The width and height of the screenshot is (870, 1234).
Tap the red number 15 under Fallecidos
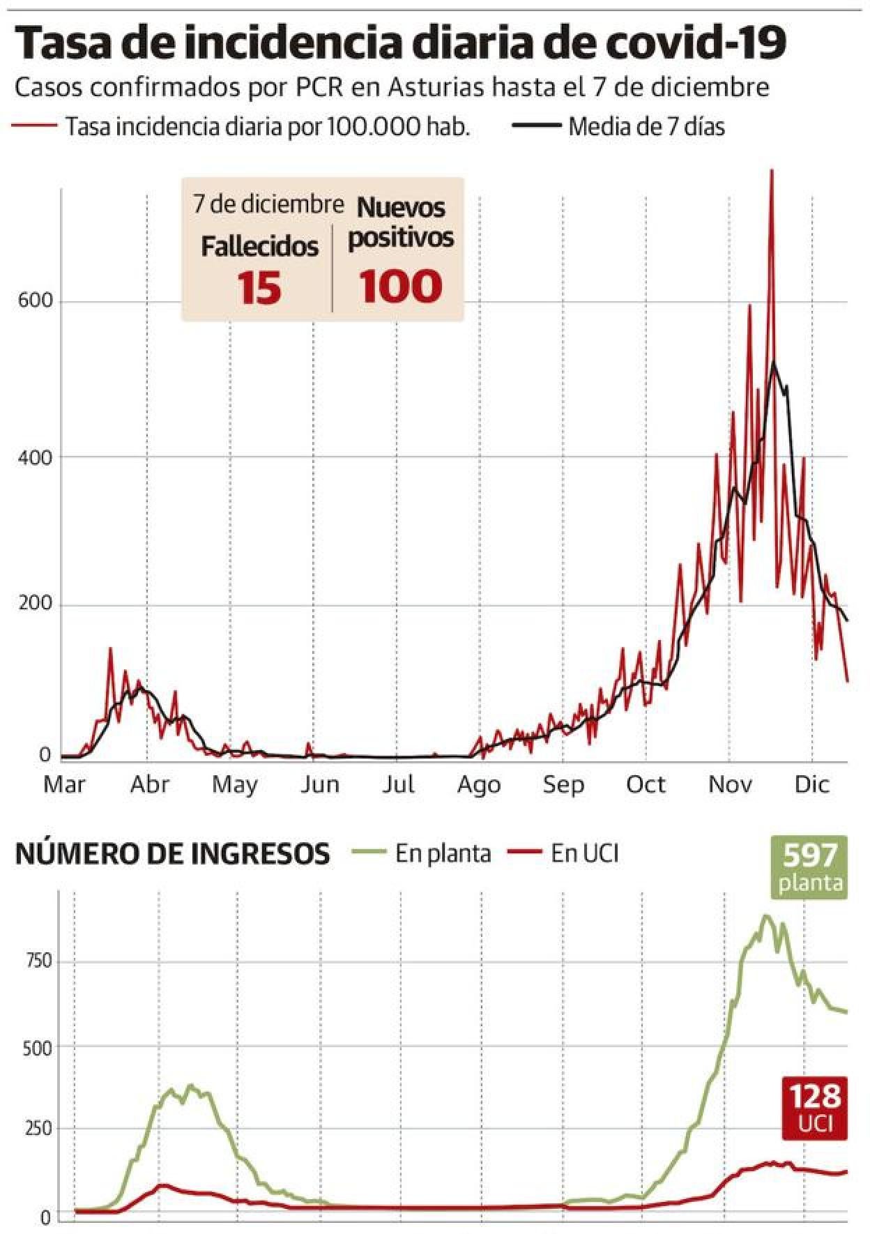click(259, 287)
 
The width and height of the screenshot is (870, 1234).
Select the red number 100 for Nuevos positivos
click(401, 286)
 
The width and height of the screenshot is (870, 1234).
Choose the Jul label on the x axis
click(398, 784)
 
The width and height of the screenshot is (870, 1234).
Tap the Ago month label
click(479, 784)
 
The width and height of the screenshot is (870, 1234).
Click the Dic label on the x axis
click(811, 784)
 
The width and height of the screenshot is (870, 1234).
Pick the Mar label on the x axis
click(64, 784)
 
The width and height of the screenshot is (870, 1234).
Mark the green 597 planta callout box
click(810, 867)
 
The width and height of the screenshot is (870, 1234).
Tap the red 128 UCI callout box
click(814, 1108)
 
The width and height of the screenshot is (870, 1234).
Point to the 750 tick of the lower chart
click(38, 961)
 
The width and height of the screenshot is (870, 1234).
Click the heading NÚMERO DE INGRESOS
click(172, 853)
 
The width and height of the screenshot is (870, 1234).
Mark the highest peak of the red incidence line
click(771, 171)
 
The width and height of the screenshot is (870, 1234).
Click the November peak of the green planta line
click(766, 916)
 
